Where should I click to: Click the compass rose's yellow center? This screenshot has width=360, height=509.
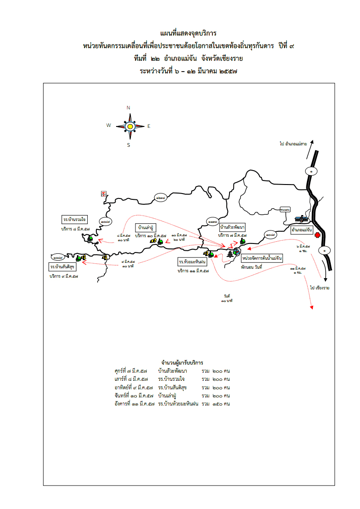tap(130, 126)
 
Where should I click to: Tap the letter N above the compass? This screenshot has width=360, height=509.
tap(129, 108)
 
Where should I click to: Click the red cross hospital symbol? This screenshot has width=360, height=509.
tap(317, 235)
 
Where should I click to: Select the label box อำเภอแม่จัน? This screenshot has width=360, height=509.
tap(302, 230)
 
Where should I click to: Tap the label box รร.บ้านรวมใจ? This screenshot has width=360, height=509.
tap(75, 219)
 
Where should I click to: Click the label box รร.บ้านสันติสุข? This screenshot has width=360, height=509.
tap(63, 267)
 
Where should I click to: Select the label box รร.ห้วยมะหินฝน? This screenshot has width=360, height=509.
tap(192, 261)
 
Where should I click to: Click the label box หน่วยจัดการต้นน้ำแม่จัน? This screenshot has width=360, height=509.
tap(262, 258)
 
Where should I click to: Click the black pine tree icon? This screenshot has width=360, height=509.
tap(230, 254)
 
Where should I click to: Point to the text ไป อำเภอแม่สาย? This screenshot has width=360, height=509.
tap(293, 144)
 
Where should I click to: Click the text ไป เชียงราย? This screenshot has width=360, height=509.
tap(319, 287)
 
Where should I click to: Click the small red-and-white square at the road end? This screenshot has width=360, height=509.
tap(103, 193)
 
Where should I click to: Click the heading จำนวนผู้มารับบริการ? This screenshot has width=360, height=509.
tap(182, 362)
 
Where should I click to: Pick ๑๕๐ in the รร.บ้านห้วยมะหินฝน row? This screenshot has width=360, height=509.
tap(218, 404)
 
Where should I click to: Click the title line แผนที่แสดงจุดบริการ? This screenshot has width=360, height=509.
tap(188, 33)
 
